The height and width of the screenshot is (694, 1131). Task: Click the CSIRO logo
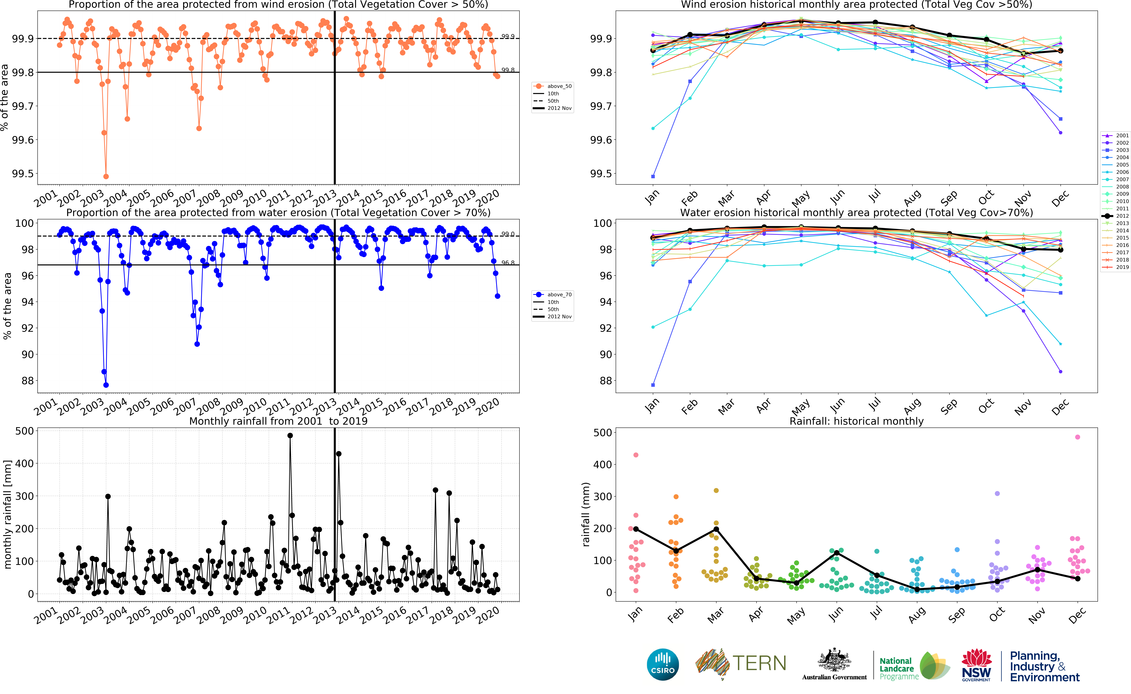662,664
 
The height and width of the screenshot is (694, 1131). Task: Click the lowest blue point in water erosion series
106,385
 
